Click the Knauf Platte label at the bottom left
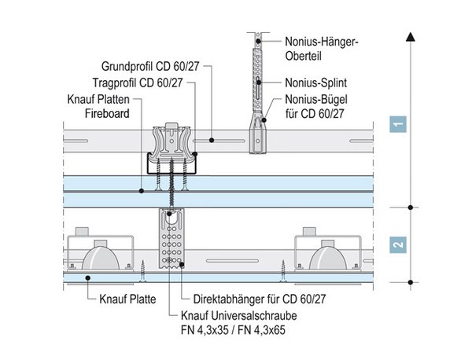coord(125,299)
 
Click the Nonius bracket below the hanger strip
coord(256,134)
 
